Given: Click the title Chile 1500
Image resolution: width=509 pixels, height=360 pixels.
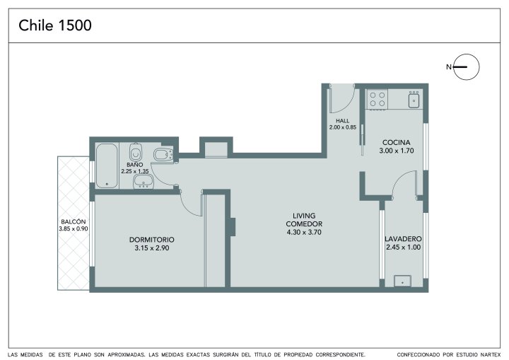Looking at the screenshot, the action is [x=55, y=25].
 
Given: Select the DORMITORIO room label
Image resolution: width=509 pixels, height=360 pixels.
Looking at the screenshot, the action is [x=151, y=240].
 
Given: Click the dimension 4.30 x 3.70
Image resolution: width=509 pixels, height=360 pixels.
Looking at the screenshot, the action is [x=304, y=232].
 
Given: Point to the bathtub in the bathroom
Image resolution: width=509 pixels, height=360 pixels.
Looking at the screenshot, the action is [x=107, y=166].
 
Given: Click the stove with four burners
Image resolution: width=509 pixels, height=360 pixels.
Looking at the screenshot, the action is [x=378, y=100].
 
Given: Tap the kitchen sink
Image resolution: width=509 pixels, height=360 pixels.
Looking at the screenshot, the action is [x=414, y=99].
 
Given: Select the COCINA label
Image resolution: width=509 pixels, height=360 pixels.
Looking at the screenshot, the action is [x=397, y=142].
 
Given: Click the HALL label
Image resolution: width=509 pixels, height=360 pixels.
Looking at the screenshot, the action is [x=342, y=121].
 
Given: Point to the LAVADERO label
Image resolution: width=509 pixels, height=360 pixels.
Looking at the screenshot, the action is [x=403, y=239].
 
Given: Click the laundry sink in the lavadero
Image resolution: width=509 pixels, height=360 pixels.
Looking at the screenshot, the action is [x=402, y=281].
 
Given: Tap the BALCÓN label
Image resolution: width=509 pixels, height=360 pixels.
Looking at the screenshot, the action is [x=74, y=221].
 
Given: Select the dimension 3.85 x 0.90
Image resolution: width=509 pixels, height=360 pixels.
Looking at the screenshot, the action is [x=74, y=228].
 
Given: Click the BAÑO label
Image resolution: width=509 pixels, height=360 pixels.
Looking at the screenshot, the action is [x=135, y=165].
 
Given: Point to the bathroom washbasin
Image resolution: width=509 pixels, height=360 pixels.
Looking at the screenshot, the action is [x=143, y=181].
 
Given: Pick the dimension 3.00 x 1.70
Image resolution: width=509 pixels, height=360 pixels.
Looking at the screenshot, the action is [x=397, y=151].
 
